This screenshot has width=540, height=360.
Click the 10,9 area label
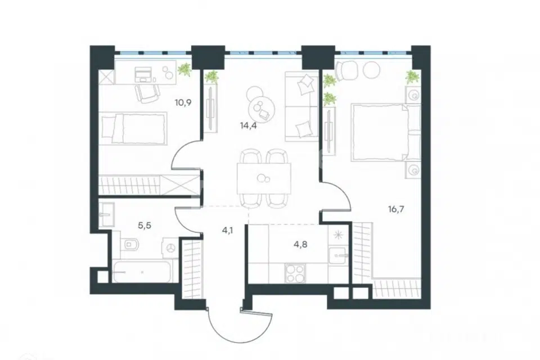[183, 102]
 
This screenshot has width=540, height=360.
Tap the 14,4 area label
[249, 125]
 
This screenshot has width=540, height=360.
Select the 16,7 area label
[396, 209]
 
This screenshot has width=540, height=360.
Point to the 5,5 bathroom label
[145, 226]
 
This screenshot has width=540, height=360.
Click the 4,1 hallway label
[227, 230]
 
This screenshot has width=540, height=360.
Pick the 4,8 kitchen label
[300, 245]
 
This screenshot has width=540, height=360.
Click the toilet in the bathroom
[130, 245]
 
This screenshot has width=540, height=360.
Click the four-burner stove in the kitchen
[295, 273]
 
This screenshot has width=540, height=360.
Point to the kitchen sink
[338, 255]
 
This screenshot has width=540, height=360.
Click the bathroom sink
[106, 214]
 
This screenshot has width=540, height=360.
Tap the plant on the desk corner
[185, 69]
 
